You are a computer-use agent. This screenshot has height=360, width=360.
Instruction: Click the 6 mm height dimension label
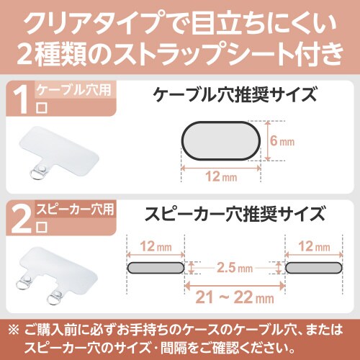(x=282, y=141)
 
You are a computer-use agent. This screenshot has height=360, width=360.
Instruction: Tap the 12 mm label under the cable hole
(x=221, y=177)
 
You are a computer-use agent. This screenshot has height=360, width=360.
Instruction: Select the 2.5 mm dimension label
(x=235, y=268)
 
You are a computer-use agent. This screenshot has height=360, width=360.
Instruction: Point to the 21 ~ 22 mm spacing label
(x=235, y=297)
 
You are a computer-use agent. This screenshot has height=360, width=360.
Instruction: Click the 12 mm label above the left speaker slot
(x=156, y=246)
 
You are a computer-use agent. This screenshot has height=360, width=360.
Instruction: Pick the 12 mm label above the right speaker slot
(x=314, y=246)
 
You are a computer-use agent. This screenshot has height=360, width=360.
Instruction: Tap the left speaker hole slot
(x=156, y=268)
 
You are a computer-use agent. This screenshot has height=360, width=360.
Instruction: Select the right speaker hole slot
(x=314, y=268)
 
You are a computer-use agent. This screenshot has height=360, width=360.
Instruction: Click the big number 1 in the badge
(x=22, y=99)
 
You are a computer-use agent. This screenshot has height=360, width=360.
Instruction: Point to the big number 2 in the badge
(x=21, y=219)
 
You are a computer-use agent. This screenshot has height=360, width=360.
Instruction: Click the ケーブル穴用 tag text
(x=73, y=90)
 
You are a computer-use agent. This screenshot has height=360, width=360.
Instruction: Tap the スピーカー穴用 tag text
(x=75, y=210)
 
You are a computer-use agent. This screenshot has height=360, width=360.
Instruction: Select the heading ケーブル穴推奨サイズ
(x=235, y=95)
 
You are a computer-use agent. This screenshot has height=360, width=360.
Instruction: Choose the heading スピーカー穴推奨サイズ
(x=235, y=214)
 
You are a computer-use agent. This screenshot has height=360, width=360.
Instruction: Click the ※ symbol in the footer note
(x=14, y=330)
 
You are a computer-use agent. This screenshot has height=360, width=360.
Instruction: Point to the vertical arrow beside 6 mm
(x=268, y=141)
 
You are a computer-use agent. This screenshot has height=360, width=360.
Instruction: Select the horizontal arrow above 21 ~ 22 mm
(x=235, y=286)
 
